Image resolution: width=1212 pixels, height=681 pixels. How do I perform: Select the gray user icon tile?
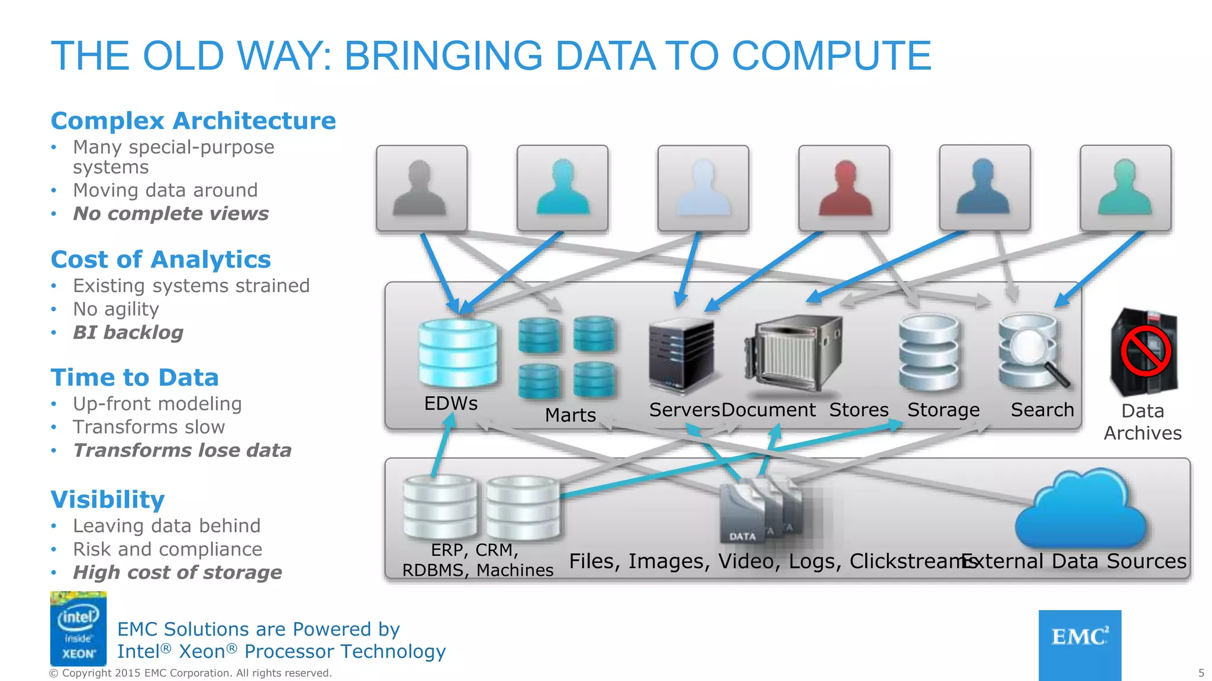pos(421,188)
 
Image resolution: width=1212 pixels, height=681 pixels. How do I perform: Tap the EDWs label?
pos(451,404)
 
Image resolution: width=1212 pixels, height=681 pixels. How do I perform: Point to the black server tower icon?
pos(681,355)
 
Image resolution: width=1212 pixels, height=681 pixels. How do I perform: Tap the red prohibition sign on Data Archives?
pos(1146,351)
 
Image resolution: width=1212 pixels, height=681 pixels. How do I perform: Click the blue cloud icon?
pos(1081,510)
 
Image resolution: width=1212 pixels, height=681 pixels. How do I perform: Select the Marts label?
pos(570,415)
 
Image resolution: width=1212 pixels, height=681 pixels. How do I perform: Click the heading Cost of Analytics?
pos(161,260)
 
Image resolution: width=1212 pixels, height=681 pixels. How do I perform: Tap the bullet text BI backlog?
pos(128,333)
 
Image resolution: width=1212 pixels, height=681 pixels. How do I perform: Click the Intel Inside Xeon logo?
pos(78,628)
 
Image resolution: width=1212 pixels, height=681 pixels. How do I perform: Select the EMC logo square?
pos(1079,644)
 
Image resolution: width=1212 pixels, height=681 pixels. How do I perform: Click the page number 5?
pos(1201,673)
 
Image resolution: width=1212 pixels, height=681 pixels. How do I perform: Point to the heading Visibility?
pos(108,500)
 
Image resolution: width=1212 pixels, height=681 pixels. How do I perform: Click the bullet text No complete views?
pos(170,213)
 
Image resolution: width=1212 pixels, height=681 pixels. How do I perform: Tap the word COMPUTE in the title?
pos(831,56)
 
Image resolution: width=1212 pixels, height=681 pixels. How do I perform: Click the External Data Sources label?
pos(1074,561)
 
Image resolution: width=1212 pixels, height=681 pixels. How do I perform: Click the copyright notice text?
pos(191,673)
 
